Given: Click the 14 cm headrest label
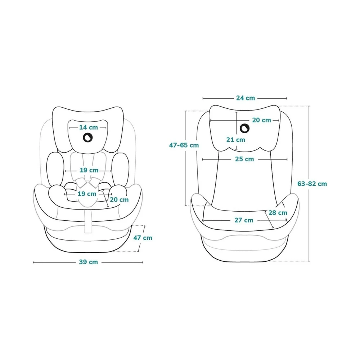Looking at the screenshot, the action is (89, 127).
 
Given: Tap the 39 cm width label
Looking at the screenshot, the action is (89, 262).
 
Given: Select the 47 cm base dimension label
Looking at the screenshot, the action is (143, 238).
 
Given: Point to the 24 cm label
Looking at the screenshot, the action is (246, 98).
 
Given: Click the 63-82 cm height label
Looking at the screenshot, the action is (312, 184).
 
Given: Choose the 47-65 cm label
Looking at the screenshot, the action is (184, 145).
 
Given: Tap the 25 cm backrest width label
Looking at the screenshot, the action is (244, 159).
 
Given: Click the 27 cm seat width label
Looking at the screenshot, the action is (244, 220).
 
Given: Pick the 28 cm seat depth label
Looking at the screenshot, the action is (278, 213).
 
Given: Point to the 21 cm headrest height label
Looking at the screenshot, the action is (235, 140).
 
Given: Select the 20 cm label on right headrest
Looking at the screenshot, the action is (261, 120).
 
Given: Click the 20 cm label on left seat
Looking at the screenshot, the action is (119, 200).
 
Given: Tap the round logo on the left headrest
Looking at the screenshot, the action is (88, 138).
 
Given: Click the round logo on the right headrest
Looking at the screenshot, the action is (245, 129).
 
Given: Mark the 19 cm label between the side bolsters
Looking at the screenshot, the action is (89, 170).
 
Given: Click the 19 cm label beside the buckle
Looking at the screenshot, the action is (87, 194).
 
